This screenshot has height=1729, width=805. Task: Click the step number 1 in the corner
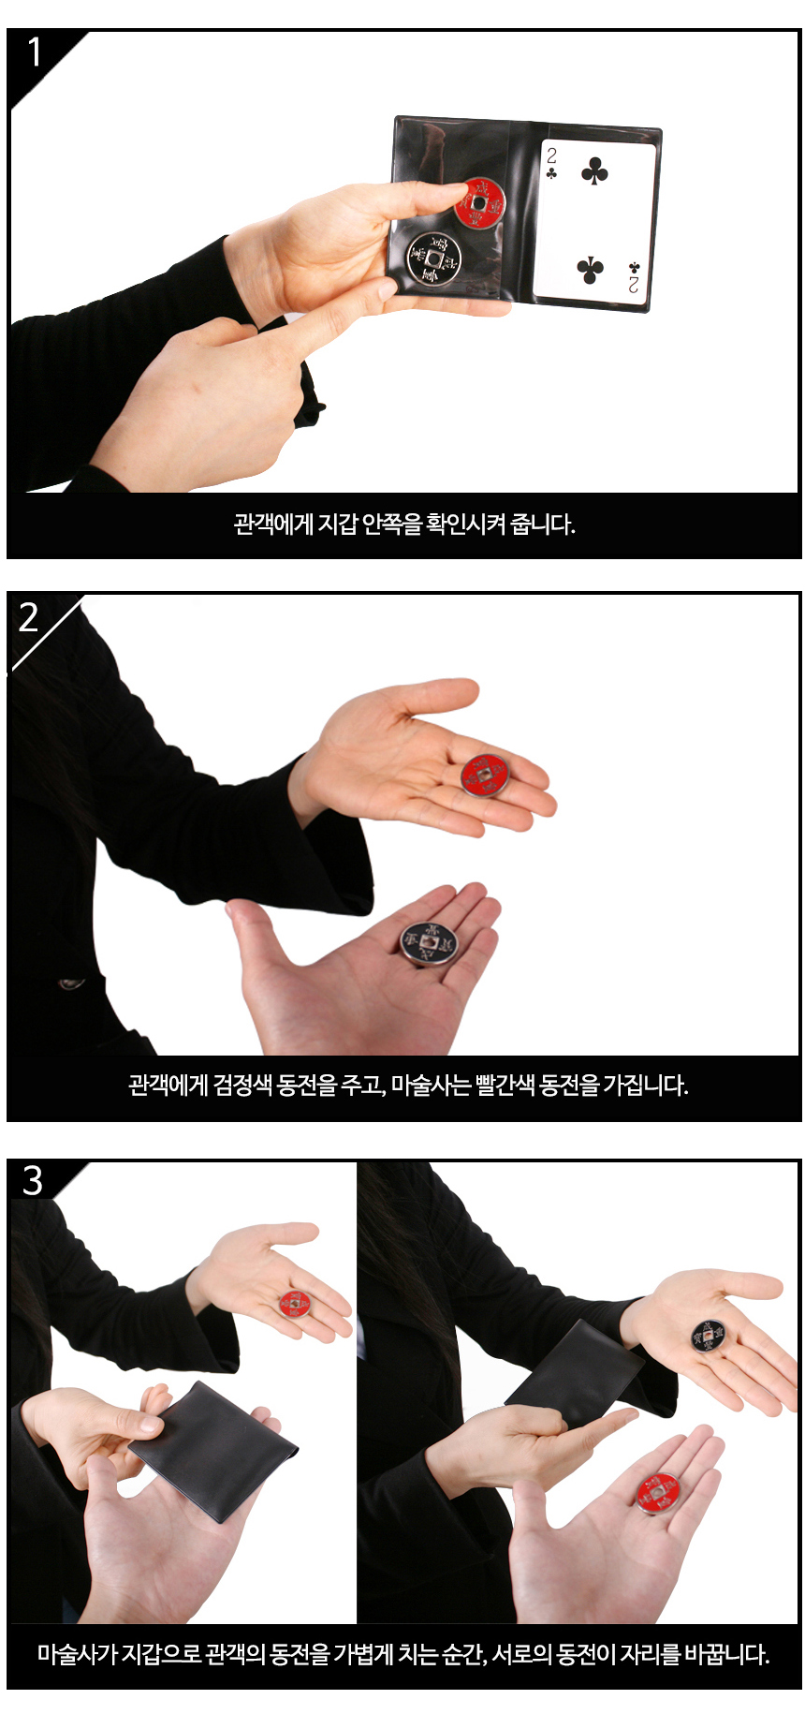coord(35,52)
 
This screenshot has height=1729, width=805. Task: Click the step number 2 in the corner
coord(29,617)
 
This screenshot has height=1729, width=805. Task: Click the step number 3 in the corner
coord(33,1181)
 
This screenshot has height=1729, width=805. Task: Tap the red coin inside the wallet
coord(480,202)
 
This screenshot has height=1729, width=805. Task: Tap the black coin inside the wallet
coord(433,259)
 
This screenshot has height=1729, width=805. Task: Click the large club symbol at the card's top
coord(594,171)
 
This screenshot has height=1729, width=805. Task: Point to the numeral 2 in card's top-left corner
coord(551,155)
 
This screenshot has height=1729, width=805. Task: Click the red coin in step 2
coord(485,776)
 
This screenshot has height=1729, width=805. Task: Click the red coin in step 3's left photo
coord(295,1303)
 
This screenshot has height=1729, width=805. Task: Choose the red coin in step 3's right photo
coord(659,1492)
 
